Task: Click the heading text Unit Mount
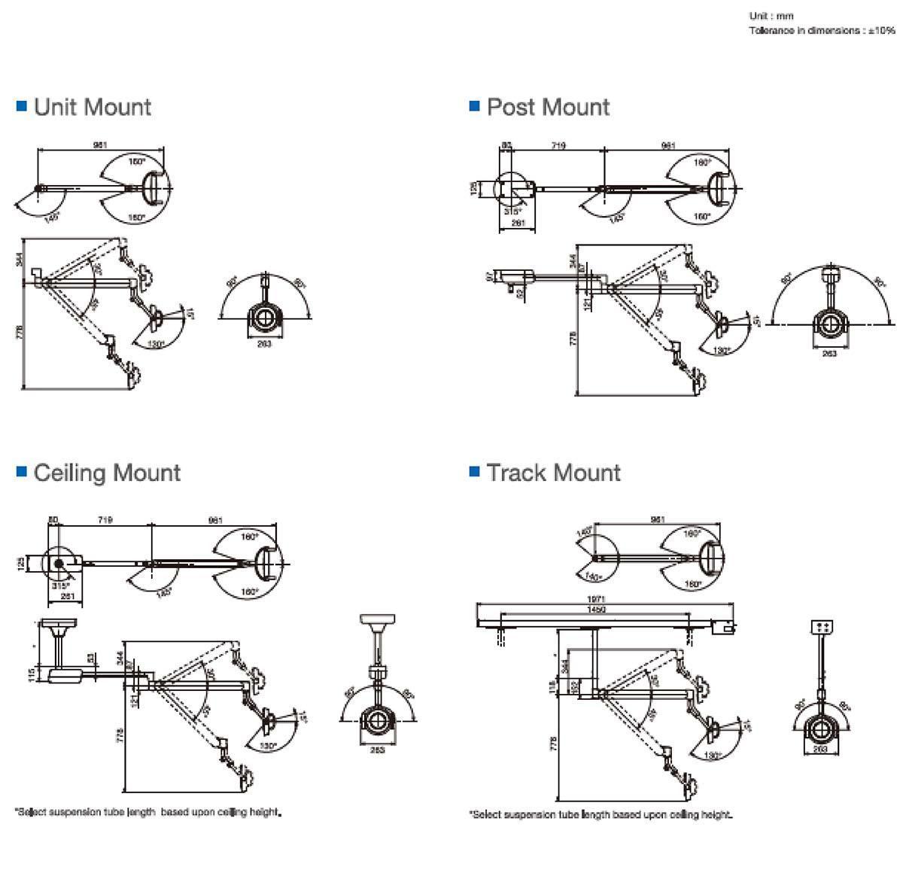pos(93,107)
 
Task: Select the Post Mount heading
pos(548,107)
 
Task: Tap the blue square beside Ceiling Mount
pos(22,472)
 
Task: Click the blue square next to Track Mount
pos(474,472)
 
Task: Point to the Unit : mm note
pos(771,16)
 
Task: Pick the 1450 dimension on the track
pos(595,609)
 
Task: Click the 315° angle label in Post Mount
pos(512,211)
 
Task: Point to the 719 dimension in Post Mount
pos(558,145)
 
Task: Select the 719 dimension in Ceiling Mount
pos(105,520)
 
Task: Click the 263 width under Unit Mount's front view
pos(264,344)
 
